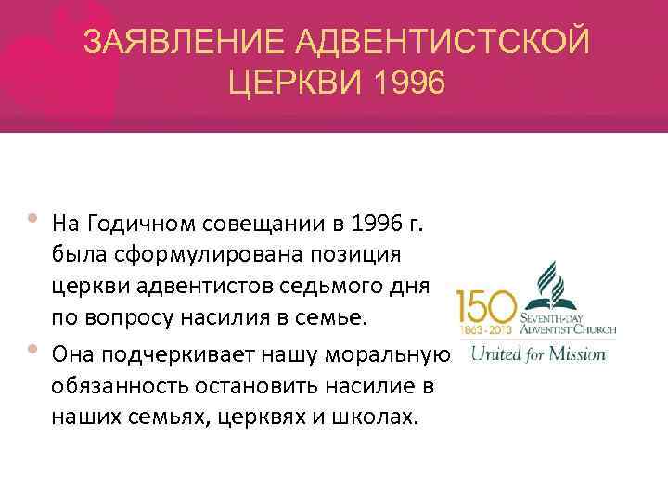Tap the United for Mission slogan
click(x=538, y=353)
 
